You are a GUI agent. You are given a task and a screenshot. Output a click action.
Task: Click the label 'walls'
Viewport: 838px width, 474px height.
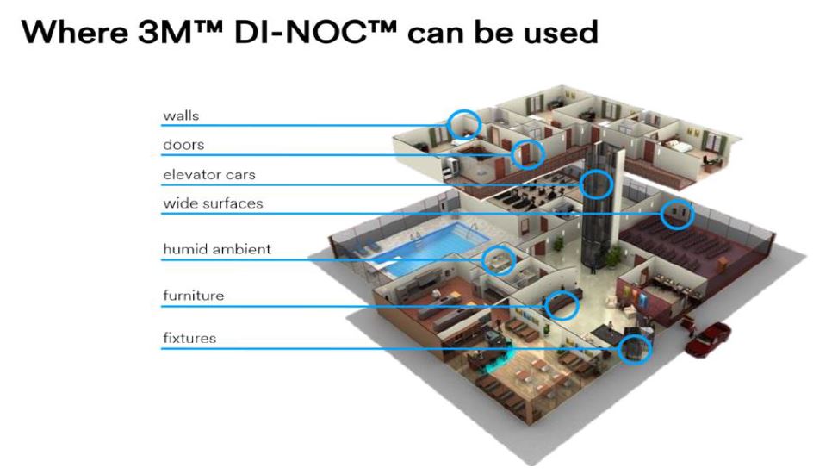pyautogui.click(x=181, y=115)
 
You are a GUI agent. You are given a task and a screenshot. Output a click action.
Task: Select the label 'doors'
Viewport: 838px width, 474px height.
pyautogui.click(x=183, y=145)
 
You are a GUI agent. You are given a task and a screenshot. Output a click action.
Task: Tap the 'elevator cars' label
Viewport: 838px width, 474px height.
pyautogui.click(x=209, y=175)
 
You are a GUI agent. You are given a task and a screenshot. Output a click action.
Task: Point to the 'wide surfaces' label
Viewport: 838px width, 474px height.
pyautogui.click(x=213, y=204)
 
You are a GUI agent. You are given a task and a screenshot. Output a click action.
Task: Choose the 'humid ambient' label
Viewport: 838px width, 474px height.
pyautogui.click(x=217, y=250)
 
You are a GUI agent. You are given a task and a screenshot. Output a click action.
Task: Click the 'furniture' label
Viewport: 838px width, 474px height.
pyautogui.click(x=193, y=296)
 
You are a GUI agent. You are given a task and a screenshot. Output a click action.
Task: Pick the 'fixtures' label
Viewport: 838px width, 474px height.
pyautogui.click(x=189, y=339)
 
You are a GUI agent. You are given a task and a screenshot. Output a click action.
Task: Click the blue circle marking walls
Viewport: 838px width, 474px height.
pyautogui.click(x=464, y=124)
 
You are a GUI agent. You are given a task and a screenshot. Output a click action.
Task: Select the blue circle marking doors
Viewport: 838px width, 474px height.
pyautogui.click(x=527, y=154)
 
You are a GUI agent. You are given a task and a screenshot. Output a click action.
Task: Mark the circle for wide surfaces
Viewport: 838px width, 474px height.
pyautogui.click(x=677, y=213)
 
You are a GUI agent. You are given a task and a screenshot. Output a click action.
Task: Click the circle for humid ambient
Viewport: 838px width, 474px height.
pyautogui.click(x=497, y=259)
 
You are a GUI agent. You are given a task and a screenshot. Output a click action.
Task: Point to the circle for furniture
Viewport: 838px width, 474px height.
pyautogui.click(x=562, y=304)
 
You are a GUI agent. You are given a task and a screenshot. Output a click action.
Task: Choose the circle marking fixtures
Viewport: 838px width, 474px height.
pyautogui.click(x=635, y=348)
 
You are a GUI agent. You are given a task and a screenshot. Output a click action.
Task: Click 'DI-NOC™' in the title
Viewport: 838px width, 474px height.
pyautogui.click(x=330, y=33)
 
